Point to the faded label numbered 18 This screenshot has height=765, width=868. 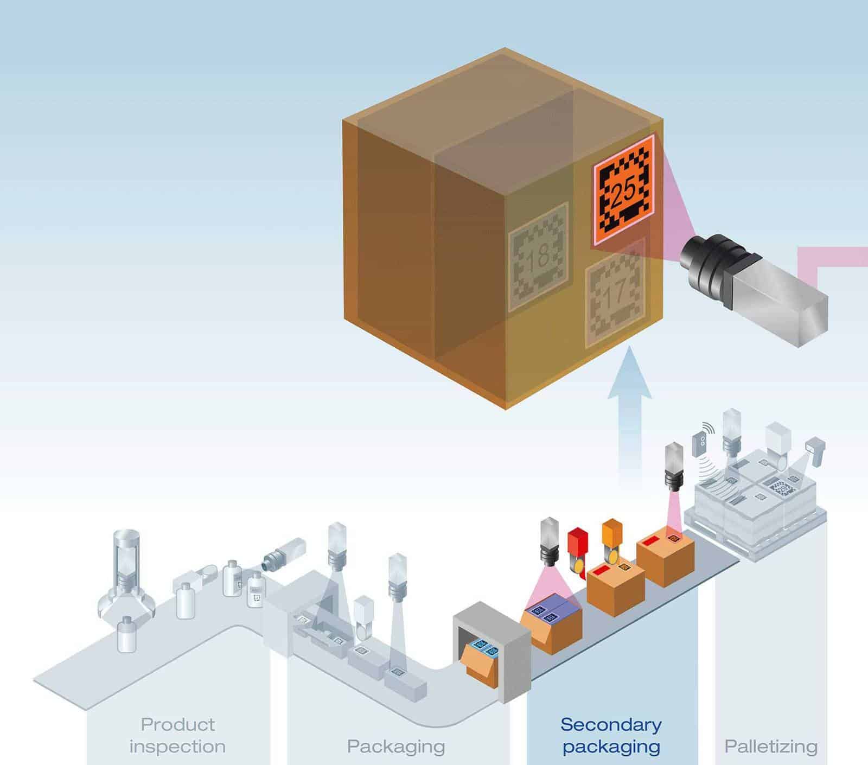[x=538, y=257]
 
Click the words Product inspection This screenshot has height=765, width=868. [x=177, y=735]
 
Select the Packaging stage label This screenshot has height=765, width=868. [x=395, y=746]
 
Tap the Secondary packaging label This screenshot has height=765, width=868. [x=611, y=735]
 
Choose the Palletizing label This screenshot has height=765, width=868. [x=771, y=746]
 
